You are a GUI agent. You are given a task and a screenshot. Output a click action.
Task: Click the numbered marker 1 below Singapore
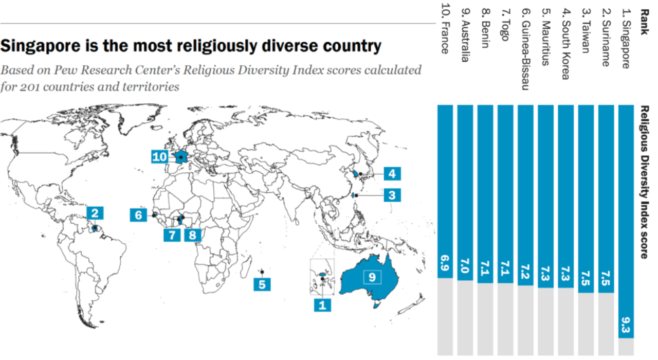coord(322,305)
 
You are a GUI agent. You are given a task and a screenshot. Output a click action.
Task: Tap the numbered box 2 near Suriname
coord(95,213)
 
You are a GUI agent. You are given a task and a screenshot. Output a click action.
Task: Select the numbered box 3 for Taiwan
coord(392,195)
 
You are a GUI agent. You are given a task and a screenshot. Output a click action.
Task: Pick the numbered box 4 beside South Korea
coord(392,174)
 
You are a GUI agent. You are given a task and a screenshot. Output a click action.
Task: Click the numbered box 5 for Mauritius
coord(262,284)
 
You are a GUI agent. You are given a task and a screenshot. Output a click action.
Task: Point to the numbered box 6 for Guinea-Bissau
coord(138,215)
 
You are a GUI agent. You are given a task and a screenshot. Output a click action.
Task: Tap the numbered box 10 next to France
coord(159,156)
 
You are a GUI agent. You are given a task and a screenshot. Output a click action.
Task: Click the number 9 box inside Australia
coord(372,277)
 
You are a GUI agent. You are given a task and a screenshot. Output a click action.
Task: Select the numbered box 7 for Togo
coord(172,235)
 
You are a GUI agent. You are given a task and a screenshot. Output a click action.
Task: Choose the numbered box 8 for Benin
coord(192,235)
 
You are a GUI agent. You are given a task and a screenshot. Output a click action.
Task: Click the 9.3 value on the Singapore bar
coord(626,325)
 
